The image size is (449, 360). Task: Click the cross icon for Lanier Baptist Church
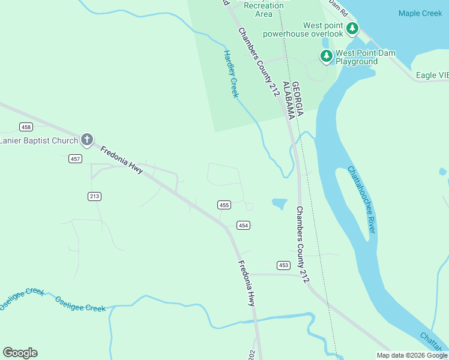coord(87,140)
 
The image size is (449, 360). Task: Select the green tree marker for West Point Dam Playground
coord(326,56)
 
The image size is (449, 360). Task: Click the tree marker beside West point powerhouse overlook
coord(352,29)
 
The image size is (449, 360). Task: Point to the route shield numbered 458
coord(26,127)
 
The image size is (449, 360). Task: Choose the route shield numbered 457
coord(75,158)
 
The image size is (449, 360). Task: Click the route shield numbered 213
coord(94,196)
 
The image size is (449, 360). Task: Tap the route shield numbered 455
coord(224,205)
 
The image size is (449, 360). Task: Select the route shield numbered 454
coord(243,226)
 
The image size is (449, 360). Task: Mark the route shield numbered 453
coord(284,265)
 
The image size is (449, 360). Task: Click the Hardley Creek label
coord(231,74)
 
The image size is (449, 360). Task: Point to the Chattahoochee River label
coord(362,200)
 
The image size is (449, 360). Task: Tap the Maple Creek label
coord(420,13)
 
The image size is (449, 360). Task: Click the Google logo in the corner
coord(20,353)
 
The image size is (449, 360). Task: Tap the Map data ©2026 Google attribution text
coord(411,355)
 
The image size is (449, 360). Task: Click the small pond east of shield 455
coord(279,203)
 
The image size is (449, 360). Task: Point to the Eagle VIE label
coord(432,76)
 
